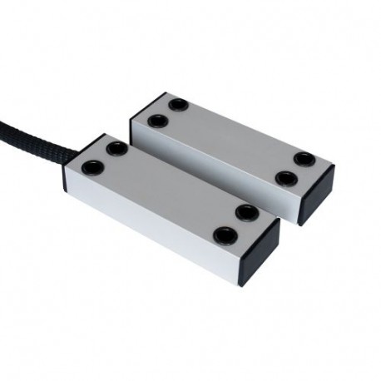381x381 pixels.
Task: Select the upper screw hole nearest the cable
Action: (x=116, y=147)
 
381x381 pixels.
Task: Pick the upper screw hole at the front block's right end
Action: (x=244, y=212)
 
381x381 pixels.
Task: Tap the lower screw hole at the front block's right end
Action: (x=222, y=234)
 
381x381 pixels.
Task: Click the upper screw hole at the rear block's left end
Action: (x=177, y=106)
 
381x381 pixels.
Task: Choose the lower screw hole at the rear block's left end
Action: (x=156, y=121)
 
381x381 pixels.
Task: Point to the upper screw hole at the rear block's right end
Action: (x=304, y=158)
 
